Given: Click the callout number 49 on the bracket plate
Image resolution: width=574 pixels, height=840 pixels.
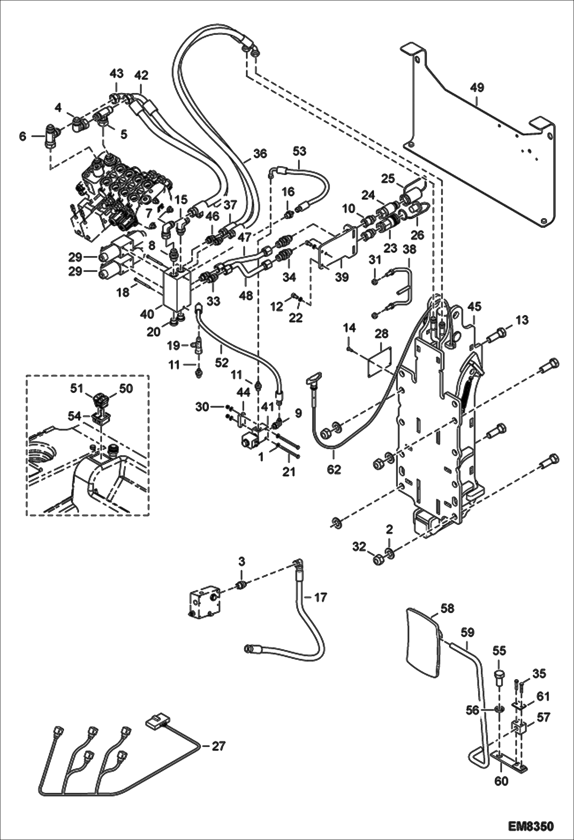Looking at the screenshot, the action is (477, 88).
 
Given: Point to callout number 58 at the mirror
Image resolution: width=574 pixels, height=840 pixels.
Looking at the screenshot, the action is (447, 608).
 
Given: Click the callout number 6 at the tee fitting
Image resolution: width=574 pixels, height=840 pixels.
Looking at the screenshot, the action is (23, 136).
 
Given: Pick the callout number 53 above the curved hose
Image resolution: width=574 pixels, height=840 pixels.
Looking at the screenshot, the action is (299, 151).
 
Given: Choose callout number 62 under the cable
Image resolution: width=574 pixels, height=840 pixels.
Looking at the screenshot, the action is (334, 469).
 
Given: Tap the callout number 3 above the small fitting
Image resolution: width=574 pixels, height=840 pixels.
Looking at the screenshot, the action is (241, 562).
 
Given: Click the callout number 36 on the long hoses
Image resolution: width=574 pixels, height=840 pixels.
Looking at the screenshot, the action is (260, 154).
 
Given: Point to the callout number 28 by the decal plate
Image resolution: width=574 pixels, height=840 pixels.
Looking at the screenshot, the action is (381, 334).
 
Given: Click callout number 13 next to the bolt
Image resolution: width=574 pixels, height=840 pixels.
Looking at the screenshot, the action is (522, 320).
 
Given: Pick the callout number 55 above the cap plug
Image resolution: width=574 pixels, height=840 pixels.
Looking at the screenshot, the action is (499, 650).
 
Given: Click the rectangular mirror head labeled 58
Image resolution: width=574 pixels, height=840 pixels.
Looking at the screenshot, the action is (422, 644).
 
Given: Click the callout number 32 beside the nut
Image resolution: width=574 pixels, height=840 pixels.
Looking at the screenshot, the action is (359, 547).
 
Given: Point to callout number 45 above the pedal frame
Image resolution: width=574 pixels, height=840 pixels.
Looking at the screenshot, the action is (474, 307).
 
